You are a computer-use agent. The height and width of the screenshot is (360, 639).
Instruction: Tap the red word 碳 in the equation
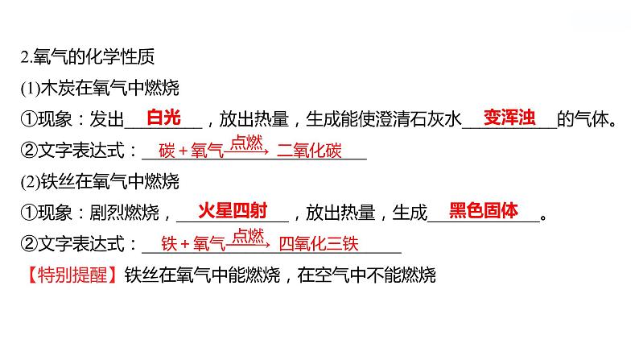point(167,151)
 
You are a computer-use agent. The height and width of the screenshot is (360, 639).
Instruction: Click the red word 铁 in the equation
point(168,243)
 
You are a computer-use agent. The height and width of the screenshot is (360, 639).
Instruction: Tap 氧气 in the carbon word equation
point(207,151)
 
